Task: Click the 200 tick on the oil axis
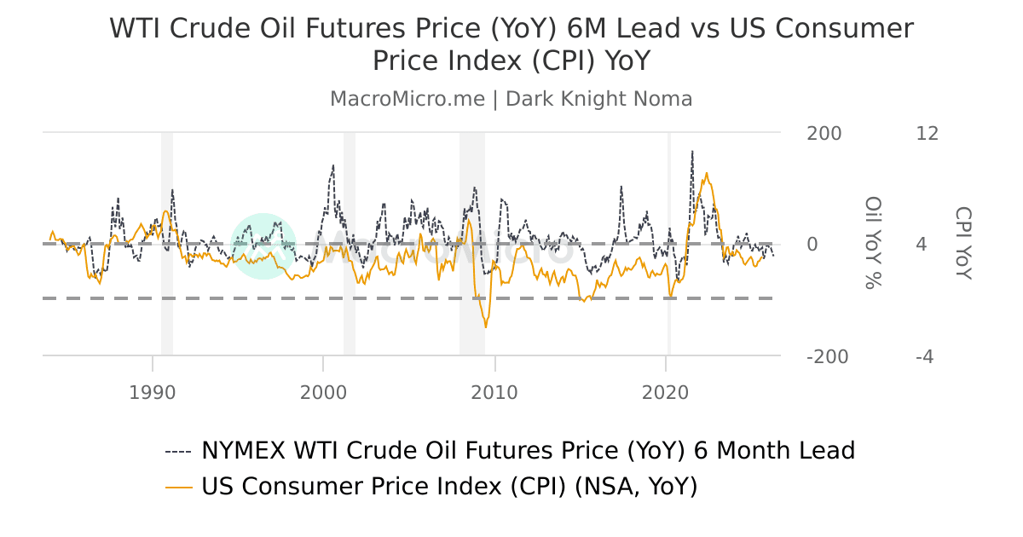click(824, 134)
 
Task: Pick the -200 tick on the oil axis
click(827, 357)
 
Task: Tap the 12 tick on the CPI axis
click(927, 134)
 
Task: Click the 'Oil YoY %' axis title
click(873, 243)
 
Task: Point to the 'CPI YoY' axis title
click(962, 243)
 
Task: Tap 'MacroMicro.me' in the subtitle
click(407, 99)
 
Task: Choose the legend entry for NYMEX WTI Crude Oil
click(528, 450)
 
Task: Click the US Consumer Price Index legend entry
click(449, 487)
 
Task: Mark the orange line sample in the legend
click(178, 488)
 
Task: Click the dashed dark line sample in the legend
click(178, 451)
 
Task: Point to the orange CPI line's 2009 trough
click(486, 326)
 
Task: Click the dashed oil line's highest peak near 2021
click(692, 152)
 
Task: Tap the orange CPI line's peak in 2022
click(706, 173)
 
